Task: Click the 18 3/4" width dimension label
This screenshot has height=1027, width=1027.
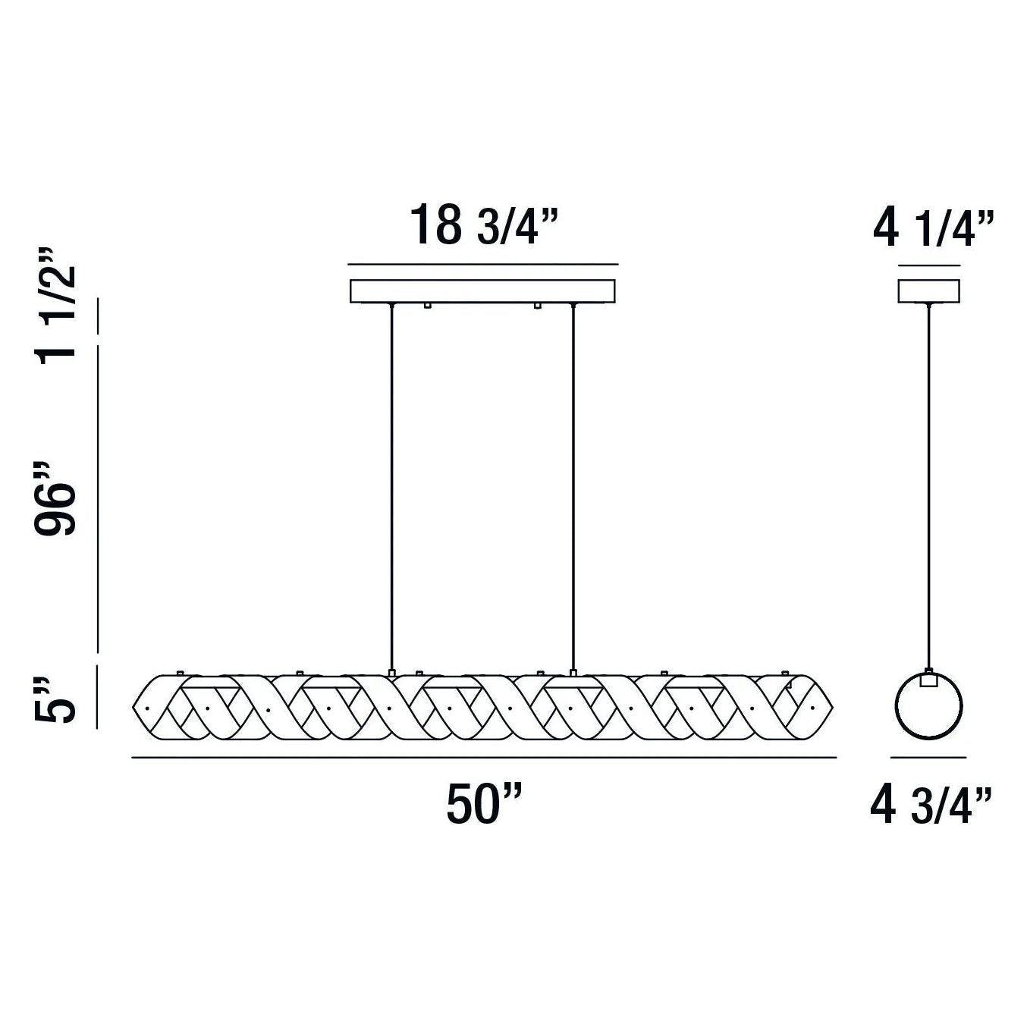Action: coord(484,225)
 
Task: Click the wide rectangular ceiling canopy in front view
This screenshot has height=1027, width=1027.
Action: coord(483,291)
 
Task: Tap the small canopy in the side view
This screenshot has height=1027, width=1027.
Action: coord(929,291)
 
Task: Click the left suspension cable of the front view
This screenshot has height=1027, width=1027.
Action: coord(391,485)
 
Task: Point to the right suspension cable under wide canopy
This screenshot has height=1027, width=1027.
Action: coord(573,485)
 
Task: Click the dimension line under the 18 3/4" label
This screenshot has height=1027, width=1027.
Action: coord(483,265)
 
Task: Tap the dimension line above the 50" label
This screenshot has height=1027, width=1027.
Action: coord(484,757)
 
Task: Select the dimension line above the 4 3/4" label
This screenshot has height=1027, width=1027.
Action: coord(928,757)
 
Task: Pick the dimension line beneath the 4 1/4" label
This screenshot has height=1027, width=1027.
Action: coord(929,265)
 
